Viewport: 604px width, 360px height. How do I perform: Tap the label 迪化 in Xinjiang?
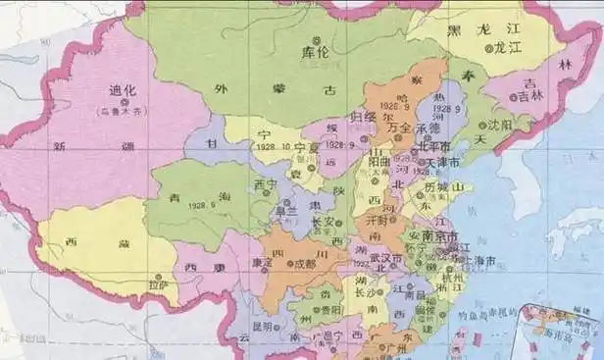click(x=124, y=90)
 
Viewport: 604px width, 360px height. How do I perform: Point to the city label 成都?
click(x=304, y=263)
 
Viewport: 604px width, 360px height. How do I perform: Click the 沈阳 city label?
click(x=499, y=126)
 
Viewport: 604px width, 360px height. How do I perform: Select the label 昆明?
click(x=264, y=326)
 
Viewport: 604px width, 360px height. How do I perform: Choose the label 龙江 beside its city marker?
click(x=509, y=46)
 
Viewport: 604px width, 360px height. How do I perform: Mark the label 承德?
click(x=430, y=128)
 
